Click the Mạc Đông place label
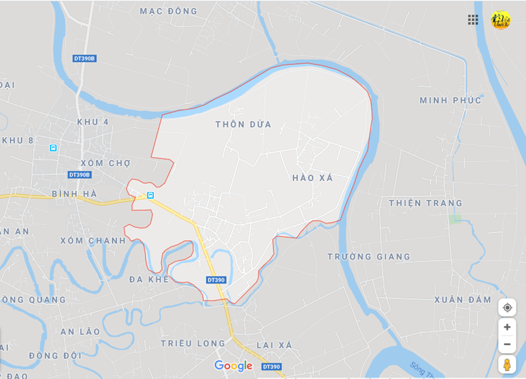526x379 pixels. click(168, 11)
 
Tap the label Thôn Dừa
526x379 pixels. click(244, 124)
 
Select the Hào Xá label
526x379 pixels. click(312, 178)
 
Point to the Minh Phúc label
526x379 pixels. click(451, 101)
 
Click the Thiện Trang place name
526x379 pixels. click(425, 203)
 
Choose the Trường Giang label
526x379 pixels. click(369, 256)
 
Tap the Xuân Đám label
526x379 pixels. click(463, 300)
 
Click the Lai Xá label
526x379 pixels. click(274, 344)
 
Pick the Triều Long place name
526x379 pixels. click(193, 343)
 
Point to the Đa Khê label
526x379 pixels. click(149, 279)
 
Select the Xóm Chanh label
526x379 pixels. click(93, 240)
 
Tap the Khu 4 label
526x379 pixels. click(93, 122)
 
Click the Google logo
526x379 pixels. click(233, 366)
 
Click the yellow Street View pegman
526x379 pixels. click(507, 365)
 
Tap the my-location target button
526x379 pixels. click(507, 308)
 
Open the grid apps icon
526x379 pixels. click(473, 19)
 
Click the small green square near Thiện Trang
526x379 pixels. click(455, 219)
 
